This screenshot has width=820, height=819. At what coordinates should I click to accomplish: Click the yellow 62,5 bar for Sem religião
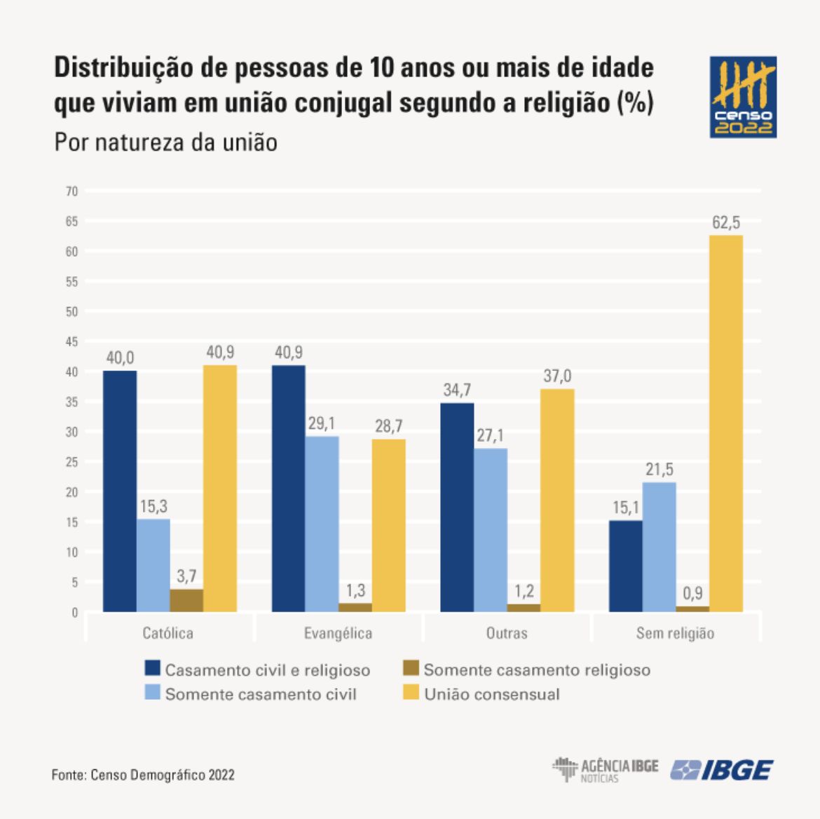click(x=726, y=424)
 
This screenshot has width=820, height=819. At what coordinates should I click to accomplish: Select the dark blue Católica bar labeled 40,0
click(x=120, y=491)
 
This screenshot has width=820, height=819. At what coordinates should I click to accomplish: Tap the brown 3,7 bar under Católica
click(x=186, y=601)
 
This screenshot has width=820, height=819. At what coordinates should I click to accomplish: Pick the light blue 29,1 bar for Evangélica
click(x=322, y=524)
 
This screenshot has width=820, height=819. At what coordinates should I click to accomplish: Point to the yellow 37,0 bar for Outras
click(x=557, y=500)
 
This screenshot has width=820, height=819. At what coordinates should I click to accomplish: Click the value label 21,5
click(x=660, y=469)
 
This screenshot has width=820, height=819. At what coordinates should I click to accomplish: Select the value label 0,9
click(x=692, y=593)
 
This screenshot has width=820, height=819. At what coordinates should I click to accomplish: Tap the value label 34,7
click(x=457, y=390)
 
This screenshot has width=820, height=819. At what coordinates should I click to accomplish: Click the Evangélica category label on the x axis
click(x=339, y=633)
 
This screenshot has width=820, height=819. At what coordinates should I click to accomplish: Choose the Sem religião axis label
click(x=675, y=633)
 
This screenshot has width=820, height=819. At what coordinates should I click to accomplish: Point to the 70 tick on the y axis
click(x=71, y=191)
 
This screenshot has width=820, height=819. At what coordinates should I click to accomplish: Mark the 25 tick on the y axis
click(x=71, y=462)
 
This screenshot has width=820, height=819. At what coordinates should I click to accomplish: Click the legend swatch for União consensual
click(x=411, y=693)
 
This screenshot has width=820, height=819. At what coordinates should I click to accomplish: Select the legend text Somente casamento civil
click(x=261, y=694)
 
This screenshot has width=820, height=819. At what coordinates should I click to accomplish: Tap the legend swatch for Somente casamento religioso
click(x=411, y=668)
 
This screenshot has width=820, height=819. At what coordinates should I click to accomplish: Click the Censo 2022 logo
click(x=743, y=97)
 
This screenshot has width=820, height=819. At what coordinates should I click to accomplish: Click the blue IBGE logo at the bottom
click(x=722, y=770)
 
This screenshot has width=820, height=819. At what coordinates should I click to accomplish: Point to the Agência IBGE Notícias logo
click(x=605, y=769)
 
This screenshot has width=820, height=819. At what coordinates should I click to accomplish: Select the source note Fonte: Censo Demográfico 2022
click(x=143, y=775)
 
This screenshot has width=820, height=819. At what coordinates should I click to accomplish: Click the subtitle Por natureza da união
click(x=166, y=142)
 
